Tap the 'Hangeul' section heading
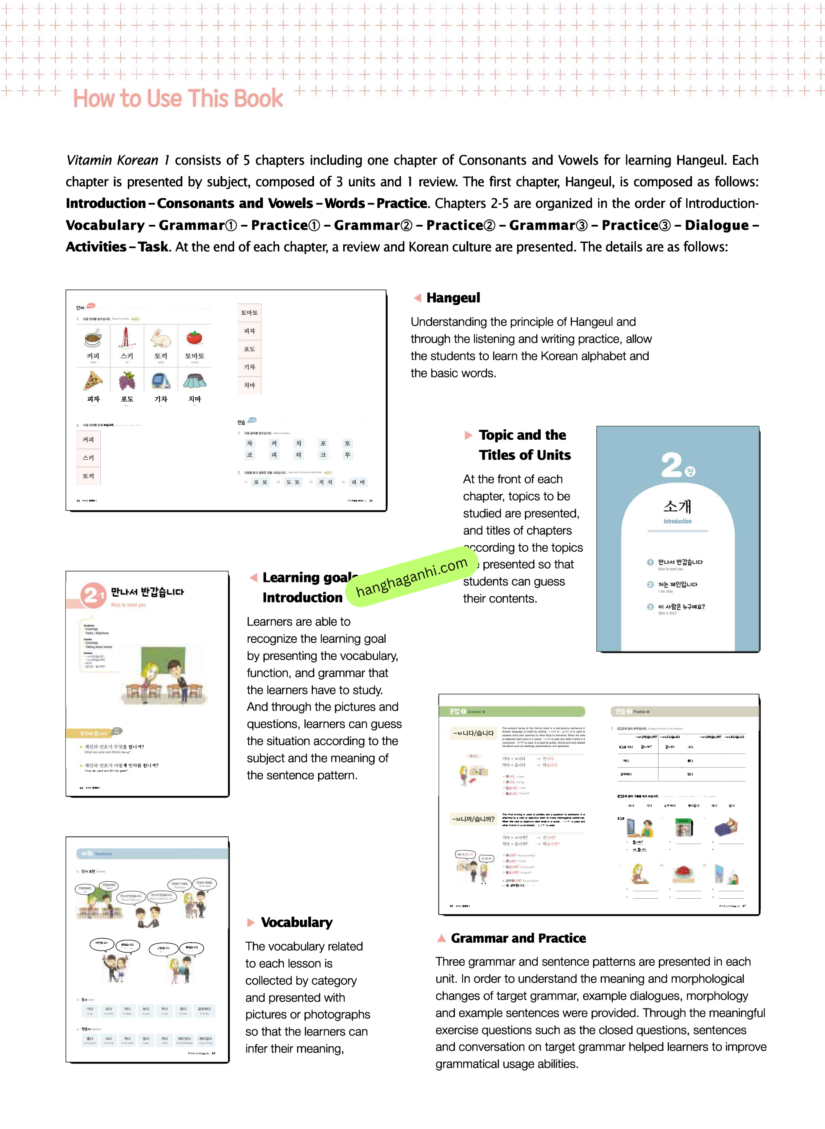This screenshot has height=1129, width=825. [453, 298]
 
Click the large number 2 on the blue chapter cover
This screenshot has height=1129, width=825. [671, 465]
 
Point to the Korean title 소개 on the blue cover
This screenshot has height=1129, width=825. [677, 506]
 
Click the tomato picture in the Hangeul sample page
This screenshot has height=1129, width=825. [194, 338]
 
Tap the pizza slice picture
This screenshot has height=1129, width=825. [93, 381]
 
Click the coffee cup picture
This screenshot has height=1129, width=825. [93, 339]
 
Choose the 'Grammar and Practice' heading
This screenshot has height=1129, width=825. [518, 938]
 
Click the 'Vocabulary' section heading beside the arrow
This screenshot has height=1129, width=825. [297, 922]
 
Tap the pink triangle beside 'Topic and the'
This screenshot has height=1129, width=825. [468, 435]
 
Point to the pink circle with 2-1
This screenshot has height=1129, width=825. [93, 595]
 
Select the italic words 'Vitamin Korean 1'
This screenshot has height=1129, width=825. [118, 160]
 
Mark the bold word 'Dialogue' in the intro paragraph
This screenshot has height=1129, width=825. [716, 225]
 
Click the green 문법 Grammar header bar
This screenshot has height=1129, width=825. [511, 711]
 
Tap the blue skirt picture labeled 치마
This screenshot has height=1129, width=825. [194, 381]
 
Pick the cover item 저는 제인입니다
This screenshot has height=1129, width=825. [677, 584]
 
